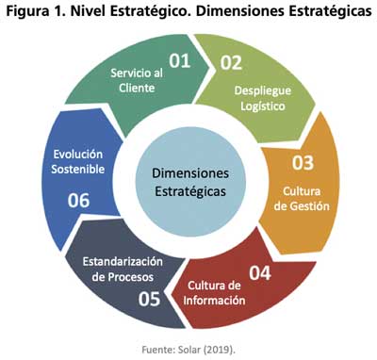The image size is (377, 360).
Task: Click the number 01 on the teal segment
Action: tap(180, 62)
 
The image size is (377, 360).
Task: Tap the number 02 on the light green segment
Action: tap(232, 63)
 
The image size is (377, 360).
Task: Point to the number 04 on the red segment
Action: tap(260, 275)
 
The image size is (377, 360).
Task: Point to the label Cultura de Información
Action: tap(216, 293)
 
